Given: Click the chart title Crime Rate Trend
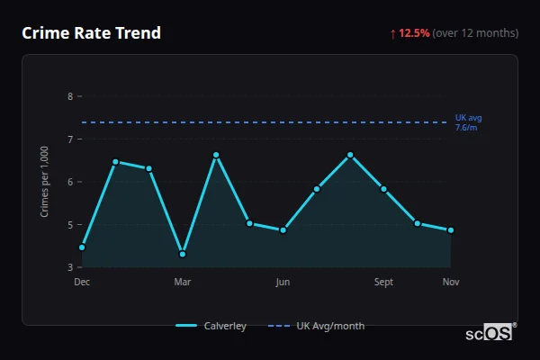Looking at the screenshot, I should pos(91,33).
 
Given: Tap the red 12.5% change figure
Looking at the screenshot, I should pos(415,33).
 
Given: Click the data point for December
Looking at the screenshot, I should pos(82,247).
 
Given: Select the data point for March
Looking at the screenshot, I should pos(183,254).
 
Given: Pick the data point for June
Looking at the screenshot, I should pos(283,230).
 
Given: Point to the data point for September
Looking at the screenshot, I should pos(383,189).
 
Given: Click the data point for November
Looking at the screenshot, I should pos(451,230).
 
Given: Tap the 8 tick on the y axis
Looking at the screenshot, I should pos(71,96).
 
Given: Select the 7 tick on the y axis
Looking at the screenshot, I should pos(71,139).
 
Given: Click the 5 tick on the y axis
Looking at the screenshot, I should pos(71,225).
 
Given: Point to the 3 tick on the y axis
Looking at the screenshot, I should pos(71,267).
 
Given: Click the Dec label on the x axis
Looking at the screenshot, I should pos(82,283).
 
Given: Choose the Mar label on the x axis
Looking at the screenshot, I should pos(183,283).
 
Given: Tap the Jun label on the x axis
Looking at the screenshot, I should pos(283,283).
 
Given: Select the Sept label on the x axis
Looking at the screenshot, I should pos(383,283).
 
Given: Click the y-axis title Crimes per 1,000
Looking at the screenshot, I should pos(45,182).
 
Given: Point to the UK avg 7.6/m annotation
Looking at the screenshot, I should pos(468,122).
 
